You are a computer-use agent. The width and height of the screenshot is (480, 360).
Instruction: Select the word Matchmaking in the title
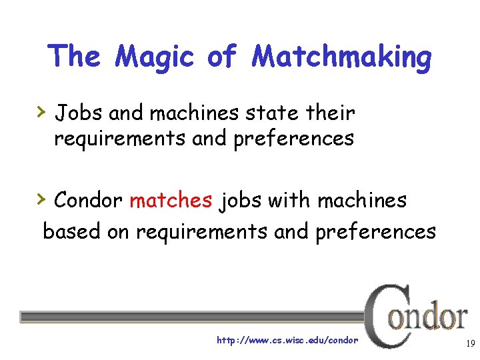(x=341, y=57)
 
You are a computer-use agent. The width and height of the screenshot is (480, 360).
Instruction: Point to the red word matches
(x=171, y=200)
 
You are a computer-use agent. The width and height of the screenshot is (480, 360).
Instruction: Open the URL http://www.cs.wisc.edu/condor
(x=287, y=340)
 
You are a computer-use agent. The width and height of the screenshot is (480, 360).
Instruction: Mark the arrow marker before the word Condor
(x=41, y=198)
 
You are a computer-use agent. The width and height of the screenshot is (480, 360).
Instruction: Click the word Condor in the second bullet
(x=88, y=200)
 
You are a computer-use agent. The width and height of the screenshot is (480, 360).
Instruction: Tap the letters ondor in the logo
(x=428, y=317)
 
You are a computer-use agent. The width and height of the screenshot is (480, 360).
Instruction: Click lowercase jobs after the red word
(x=243, y=201)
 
